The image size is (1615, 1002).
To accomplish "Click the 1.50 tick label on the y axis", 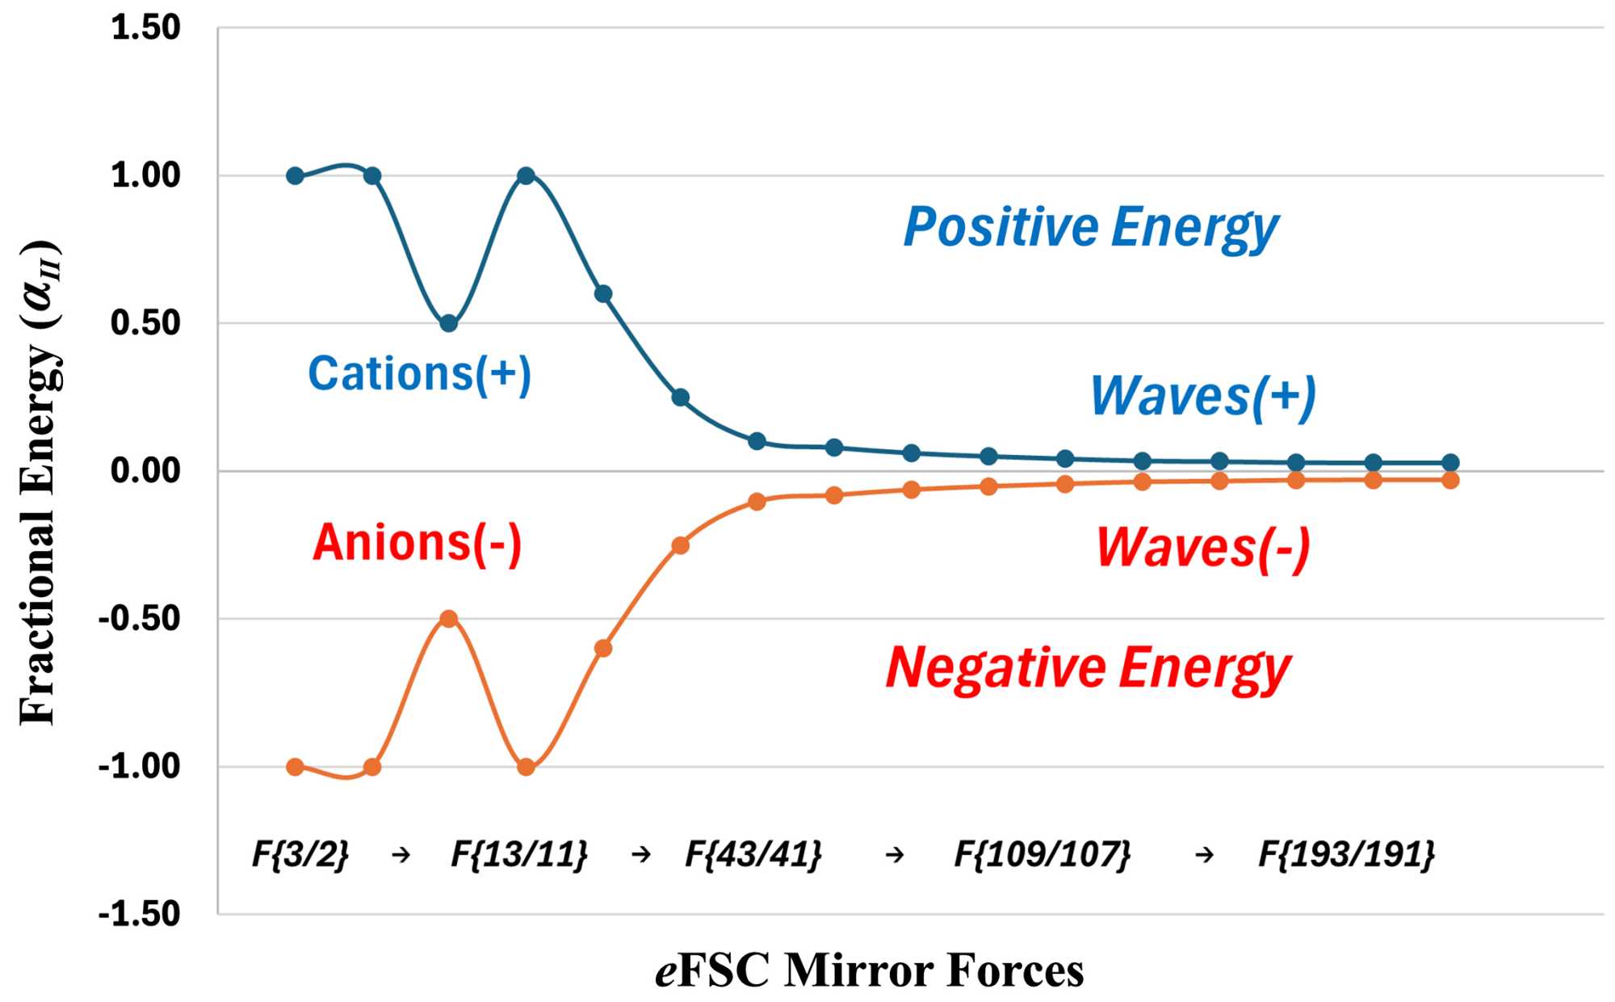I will pyautogui.click(x=145, y=28).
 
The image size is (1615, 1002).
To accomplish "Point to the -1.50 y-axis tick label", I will pyautogui.click(x=139, y=915).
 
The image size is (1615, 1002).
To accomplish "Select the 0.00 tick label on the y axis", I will pyautogui.click(x=145, y=471).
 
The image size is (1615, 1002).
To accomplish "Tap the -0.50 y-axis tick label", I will pyautogui.click(x=139, y=619).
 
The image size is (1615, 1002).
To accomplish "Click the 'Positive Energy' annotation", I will pyautogui.click(x=1091, y=228).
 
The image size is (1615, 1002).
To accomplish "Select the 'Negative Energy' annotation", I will pyautogui.click(x=1088, y=669).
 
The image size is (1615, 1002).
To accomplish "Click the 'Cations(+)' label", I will pyautogui.click(x=419, y=374).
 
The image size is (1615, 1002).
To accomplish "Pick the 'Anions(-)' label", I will pyautogui.click(x=417, y=542).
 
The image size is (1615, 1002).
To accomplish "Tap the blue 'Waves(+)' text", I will pyautogui.click(x=1203, y=397).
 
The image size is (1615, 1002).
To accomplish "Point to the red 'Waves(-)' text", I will pyautogui.click(x=1202, y=549).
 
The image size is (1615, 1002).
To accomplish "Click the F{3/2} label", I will pyautogui.click(x=300, y=854).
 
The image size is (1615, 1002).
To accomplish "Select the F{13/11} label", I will pyautogui.click(x=519, y=854).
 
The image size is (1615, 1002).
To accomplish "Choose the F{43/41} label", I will pyautogui.click(x=753, y=854).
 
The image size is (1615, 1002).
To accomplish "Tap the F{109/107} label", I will pyautogui.click(x=1042, y=854).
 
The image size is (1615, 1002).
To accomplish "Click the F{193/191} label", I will pyautogui.click(x=1347, y=854).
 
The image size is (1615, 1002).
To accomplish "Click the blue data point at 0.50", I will pyautogui.click(x=449, y=323).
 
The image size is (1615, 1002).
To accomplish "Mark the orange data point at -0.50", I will pyautogui.click(x=449, y=619).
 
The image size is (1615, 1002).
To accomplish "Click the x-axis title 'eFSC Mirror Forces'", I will pyautogui.click(x=869, y=970).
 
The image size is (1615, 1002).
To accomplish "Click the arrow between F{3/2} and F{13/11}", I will pyautogui.click(x=401, y=854).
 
